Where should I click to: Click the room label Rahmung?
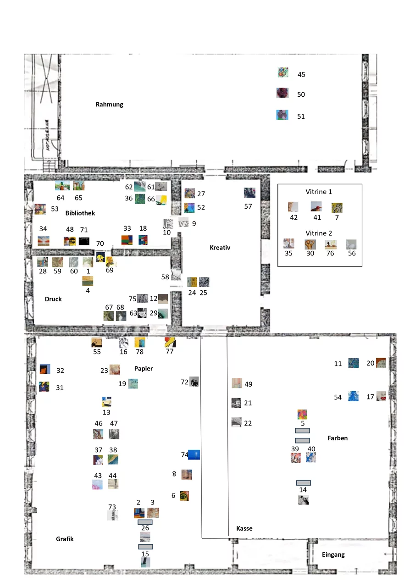click(x=109, y=105)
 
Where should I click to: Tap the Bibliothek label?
click(x=80, y=213)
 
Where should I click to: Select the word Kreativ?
click(x=220, y=248)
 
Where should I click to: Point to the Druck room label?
click(x=53, y=299)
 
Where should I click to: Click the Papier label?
click(x=144, y=368)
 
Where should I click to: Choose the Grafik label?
click(x=65, y=539)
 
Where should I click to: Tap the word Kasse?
click(x=244, y=528)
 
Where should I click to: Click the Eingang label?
click(x=333, y=554)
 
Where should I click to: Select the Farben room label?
click(x=338, y=438)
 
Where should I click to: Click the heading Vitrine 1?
click(x=320, y=192)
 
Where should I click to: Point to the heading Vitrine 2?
click(x=320, y=233)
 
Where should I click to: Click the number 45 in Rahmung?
click(x=301, y=74)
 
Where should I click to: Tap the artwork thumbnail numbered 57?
click(x=249, y=193)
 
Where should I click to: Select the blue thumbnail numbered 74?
click(x=194, y=455)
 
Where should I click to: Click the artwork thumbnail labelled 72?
click(x=194, y=382)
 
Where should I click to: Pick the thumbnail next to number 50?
click(x=282, y=93)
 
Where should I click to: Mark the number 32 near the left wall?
click(x=60, y=371)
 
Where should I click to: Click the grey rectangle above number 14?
click(x=303, y=482)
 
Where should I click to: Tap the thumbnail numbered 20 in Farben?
click(x=381, y=363)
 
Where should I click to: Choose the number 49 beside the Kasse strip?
click(x=249, y=384)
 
